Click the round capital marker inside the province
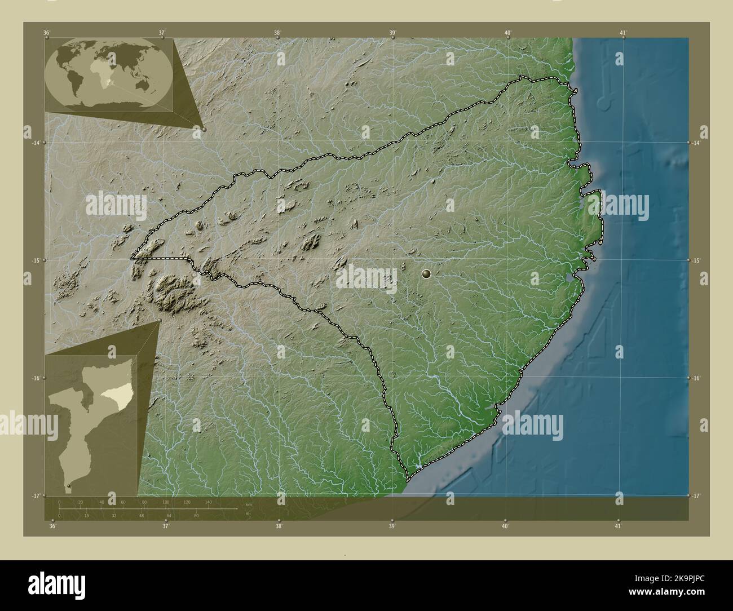[x=426, y=274]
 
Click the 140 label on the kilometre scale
[x=209, y=502]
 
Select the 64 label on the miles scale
[x=169, y=515]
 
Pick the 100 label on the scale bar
[x=166, y=502]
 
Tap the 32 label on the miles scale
[x=114, y=515]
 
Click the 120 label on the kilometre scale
[x=187, y=502]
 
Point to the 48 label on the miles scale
[x=142, y=515]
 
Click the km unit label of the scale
[x=249, y=504]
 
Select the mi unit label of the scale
[x=248, y=513]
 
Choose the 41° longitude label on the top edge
[x=623, y=33]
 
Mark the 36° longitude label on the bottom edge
[x=52, y=526]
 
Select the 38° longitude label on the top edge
[x=277, y=33]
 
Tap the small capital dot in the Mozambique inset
[x=69, y=485]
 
